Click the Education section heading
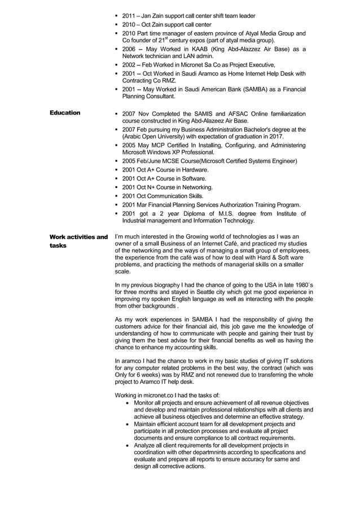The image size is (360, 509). point(65,113)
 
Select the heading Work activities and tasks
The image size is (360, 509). point(78,241)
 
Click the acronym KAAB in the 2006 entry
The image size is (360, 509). point(192,50)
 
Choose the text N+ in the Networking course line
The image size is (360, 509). point(151,187)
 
